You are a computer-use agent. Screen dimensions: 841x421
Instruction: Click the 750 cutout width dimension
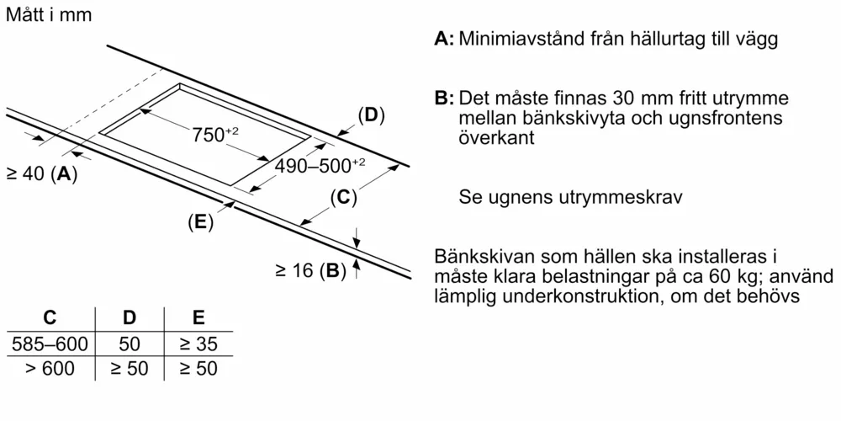pyautogui.click(x=215, y=135)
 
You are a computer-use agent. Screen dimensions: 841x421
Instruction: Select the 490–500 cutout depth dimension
pyautogui.click(x=320, y=166)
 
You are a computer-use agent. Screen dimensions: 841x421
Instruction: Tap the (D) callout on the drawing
pyautogui.click(x=372, y=116)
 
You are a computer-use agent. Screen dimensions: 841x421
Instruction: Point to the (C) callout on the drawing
pyautogui.click(x=343, y=198)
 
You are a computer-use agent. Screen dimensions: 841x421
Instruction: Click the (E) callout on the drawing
pyautogui.click(x=201, y=222)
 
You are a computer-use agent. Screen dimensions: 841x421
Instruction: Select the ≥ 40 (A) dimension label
pyautogui.click(x=41, y=174)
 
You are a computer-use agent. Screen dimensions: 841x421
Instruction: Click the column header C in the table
pyautogui.click(x=50, y=318)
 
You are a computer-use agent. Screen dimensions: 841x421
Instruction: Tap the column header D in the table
pyautogui.click(x=130, y=318)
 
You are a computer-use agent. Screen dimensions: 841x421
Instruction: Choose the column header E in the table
pyautogui.click(x=198, y=318)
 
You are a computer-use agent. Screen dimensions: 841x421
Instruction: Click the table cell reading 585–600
pyautogui.click(x=50, y=344)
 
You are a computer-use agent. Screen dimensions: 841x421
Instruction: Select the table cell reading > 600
pyautogui.click(x=50, y=369)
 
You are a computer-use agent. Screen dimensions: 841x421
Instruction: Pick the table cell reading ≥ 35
pyautogui.click(x=198, y=344)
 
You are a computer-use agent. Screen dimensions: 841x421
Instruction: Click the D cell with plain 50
pyautogui.click(x=130, y=344)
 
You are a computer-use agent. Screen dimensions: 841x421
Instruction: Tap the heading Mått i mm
pyautogui.click(x=49, y=14)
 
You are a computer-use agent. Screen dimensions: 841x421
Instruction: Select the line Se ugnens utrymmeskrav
pyautogui.click(x=570, y=197)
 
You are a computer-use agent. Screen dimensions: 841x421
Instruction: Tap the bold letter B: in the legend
pyautogui.click(x=445, y=99)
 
